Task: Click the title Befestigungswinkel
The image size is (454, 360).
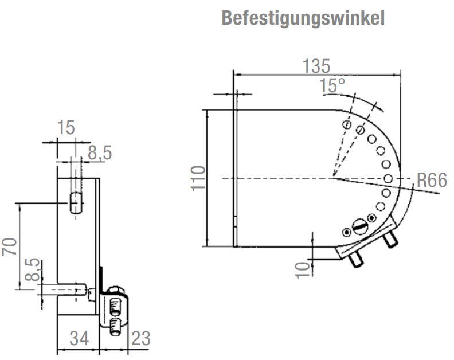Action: point(303,18)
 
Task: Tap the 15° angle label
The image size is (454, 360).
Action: point(333,86)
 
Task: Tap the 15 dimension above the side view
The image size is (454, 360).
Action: point(66,127)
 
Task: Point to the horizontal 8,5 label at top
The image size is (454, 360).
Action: point(99,152)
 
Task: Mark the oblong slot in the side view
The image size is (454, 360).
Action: point(74,204)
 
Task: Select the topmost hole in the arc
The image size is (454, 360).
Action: point(346,124)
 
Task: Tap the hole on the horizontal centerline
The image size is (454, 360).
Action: point(388,179)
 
